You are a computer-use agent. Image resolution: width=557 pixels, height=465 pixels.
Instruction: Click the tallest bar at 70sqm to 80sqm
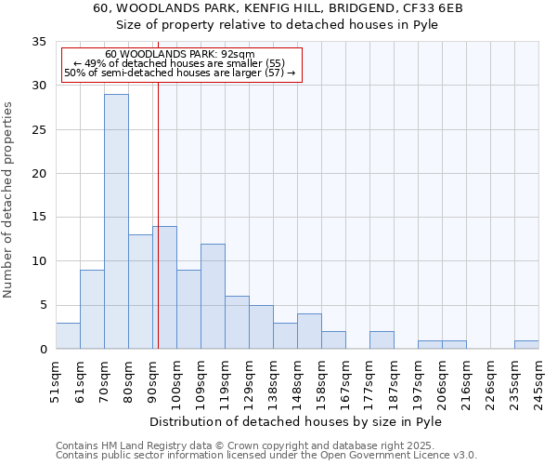(116, 221)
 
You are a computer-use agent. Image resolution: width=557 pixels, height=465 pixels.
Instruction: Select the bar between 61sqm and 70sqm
(92, 309)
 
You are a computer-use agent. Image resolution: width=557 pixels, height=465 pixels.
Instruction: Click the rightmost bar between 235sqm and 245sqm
(526, 344)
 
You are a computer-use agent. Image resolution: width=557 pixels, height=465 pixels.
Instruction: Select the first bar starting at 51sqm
(68, 336)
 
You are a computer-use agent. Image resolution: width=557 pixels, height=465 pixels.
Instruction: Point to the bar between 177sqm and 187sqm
(382, 339)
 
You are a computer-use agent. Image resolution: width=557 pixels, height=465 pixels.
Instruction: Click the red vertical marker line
(158, 232)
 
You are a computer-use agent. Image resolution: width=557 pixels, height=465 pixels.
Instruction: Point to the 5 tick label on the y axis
(42, 305)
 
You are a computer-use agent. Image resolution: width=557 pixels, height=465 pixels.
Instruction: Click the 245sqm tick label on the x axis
(539, 382)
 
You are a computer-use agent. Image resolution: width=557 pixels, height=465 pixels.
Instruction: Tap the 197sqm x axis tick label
(419, 382)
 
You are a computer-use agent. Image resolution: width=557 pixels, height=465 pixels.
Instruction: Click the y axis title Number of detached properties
(8, 199)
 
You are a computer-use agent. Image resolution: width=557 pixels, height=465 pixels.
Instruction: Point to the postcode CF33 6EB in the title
(429, 8)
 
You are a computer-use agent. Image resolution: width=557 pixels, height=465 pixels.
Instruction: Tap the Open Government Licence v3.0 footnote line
(266, 456)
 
